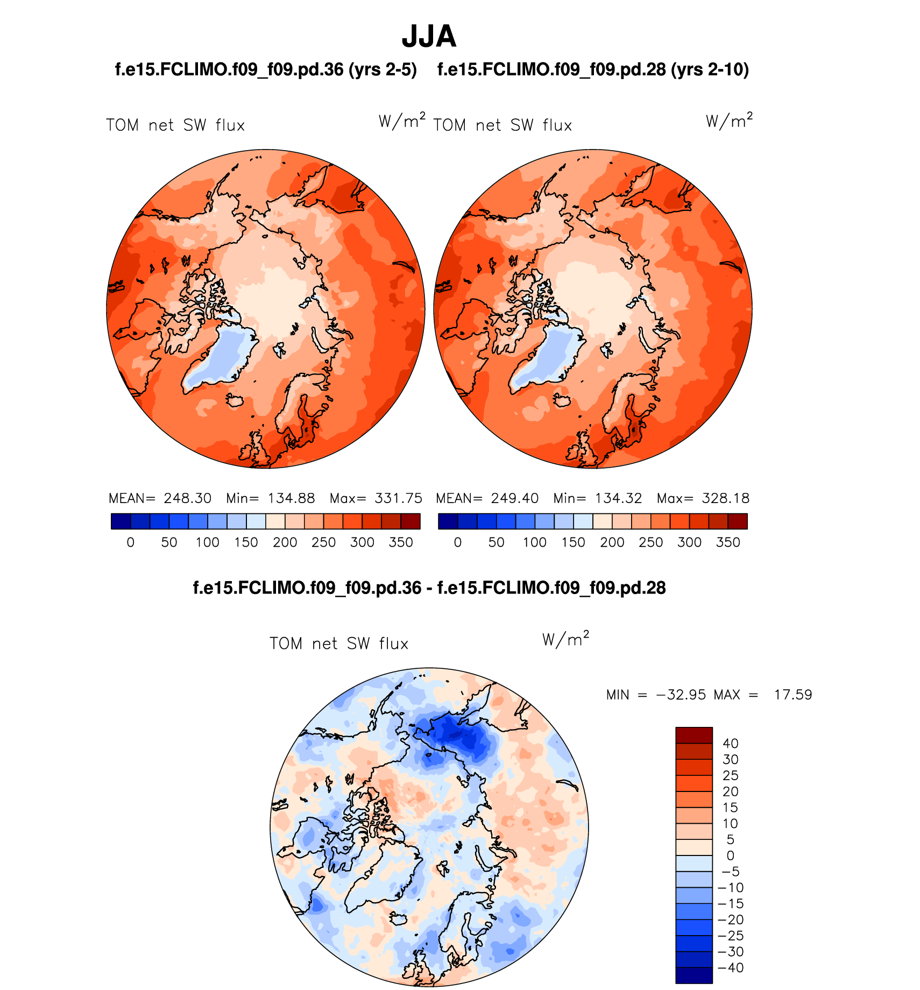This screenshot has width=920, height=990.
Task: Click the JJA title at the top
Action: pos(429,37)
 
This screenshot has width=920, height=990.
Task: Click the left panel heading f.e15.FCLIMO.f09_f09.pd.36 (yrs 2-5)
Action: pos(266,70)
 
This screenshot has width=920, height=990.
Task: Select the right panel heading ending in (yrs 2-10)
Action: pos(593,70)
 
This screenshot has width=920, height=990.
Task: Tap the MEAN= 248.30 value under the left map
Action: pos(160,498)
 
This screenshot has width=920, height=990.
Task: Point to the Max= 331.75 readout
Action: pos(376,498)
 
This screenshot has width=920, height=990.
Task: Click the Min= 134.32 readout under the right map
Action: pos(597,498)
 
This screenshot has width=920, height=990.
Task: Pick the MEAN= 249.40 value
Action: pos(487,498)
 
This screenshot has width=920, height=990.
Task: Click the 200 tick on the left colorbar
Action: pos(285,542)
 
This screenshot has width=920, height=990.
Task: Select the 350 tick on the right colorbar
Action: pos(728,542)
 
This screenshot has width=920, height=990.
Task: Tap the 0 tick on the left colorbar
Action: pos(130,542)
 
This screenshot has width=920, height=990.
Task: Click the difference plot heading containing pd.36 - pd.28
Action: pos(429,588)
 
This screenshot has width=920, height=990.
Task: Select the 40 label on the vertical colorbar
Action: pos(730,744)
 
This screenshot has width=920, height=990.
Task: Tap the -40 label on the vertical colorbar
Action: pos(730,967)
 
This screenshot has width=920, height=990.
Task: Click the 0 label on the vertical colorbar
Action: pos(730,855)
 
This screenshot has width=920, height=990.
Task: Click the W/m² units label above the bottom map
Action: pos(565,639)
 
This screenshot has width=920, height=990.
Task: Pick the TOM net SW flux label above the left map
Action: pos(175,126)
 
